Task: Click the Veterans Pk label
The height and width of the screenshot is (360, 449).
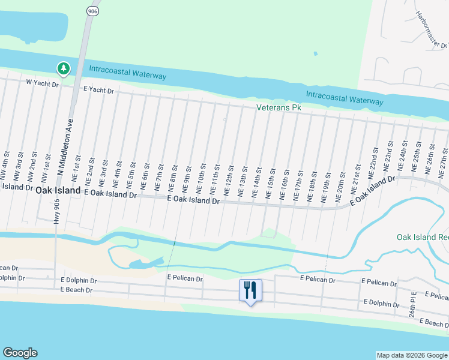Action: [278, 107]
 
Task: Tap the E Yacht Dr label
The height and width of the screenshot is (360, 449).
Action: [98, 90]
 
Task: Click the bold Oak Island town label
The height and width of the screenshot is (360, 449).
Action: [58, 190]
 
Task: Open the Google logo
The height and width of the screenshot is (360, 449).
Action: [20, 353]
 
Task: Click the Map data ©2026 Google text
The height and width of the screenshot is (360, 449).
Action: [412, 355]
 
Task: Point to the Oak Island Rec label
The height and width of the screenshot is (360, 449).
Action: [423, 237]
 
